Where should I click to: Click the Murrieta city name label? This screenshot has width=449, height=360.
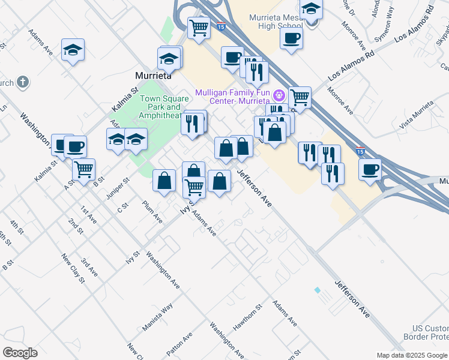pyautogui.click(x=154, y=76)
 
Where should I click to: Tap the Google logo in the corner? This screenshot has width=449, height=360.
pyautogui.click(x=20, y=353)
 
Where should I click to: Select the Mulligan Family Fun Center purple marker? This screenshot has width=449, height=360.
pyautogui.click(x=279, y=95)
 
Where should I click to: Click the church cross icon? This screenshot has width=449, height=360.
pyautogui.click(x=23, y=82)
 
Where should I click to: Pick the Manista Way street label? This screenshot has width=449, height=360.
pyautogui.click(x=158, y=317)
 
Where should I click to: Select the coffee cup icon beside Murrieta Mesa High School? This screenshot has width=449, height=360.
pyautogui.click(x=291, y=38)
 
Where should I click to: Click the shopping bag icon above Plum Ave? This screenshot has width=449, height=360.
pyautogui.click(x=164, y=180)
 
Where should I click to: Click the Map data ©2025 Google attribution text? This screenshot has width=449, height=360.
pyautogui.click(x=412, y=355)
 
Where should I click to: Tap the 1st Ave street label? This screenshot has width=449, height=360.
pyautogui.click(x=89, y=215)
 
